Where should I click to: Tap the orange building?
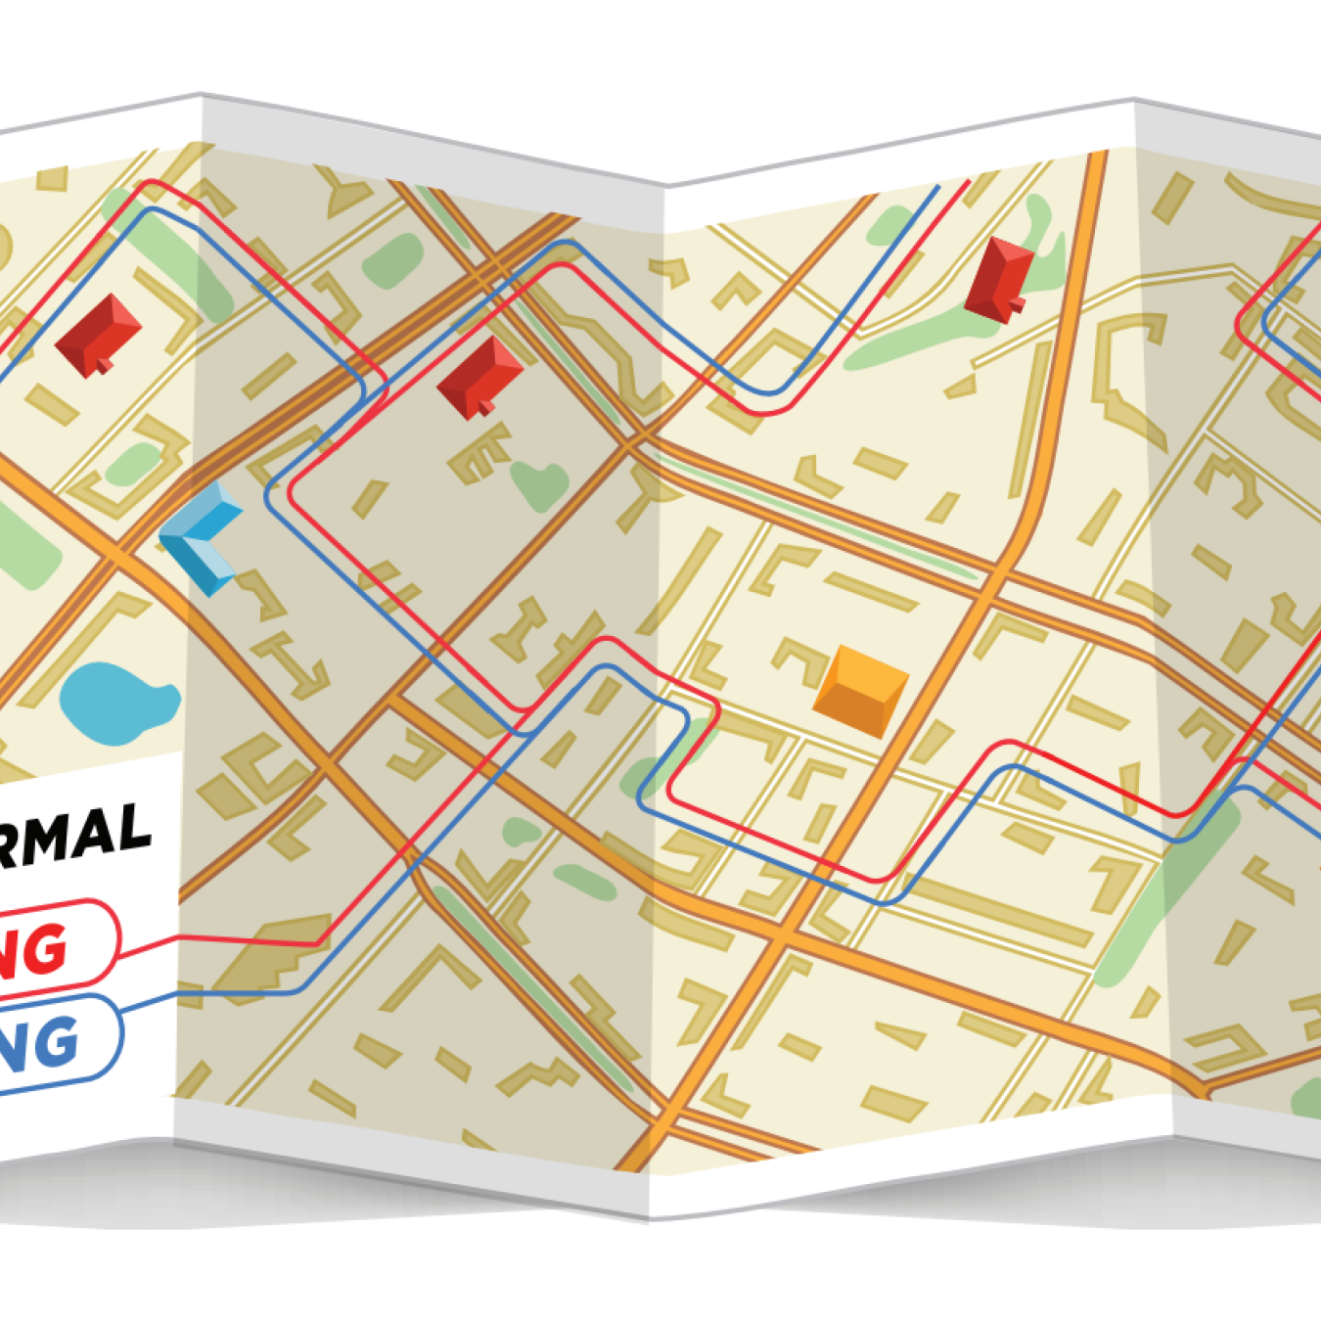(x=860, y=691)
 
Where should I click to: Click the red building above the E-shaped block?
(x=479, y=378)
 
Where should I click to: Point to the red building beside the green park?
(x=999, y=278)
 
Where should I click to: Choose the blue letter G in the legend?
(x=49, y=1041)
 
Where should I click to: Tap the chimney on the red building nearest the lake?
(x=102, y=367)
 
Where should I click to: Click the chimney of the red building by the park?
(x=1016, y=306)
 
